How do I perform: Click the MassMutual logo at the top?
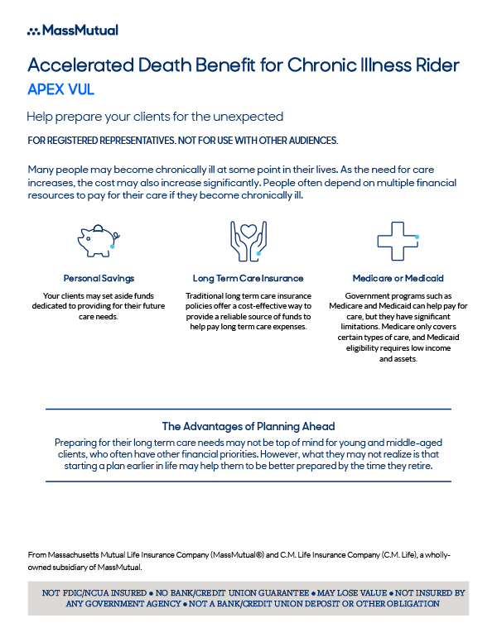73,31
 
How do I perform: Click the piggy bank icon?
99,239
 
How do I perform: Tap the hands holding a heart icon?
248,239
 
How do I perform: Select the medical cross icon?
397,239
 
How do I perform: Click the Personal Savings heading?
99,279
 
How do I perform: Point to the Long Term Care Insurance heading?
248,279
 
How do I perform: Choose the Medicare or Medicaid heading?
398,279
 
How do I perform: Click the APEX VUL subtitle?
60,89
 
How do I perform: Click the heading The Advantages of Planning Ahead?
248,427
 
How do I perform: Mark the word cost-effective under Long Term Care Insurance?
267,306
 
